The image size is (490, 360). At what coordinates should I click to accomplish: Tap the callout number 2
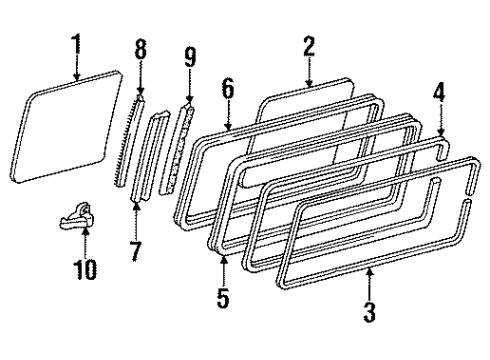coord(309,45)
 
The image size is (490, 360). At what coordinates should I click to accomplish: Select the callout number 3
coord(370,313)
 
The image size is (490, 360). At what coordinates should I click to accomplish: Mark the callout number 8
coord(140,47)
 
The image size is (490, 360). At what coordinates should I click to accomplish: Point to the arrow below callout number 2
coord(309,72)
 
